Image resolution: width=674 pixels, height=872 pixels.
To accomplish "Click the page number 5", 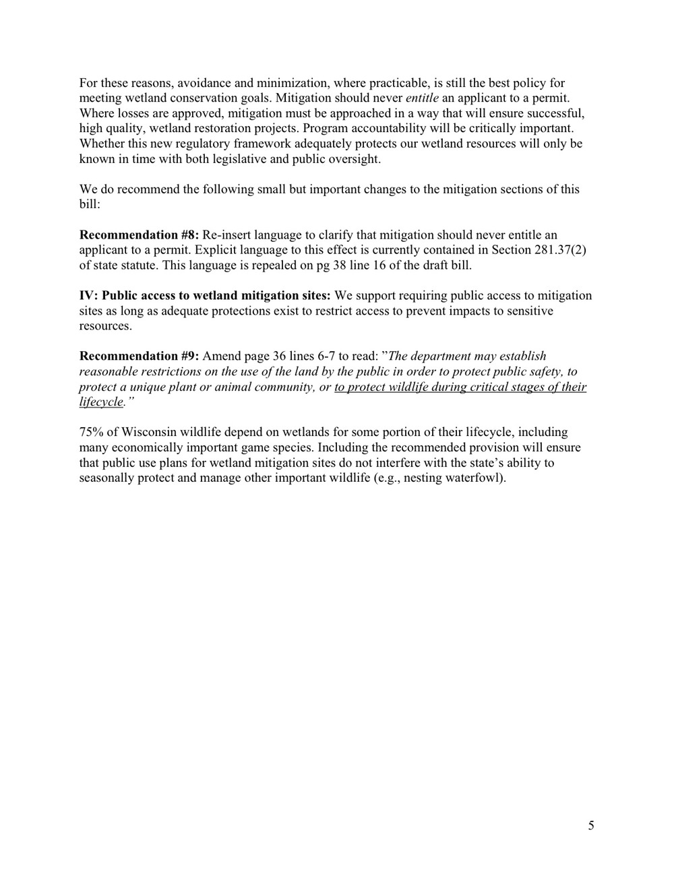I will click(x=591, y=826).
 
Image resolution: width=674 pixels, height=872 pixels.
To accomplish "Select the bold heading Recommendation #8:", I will click(x=139, y=235).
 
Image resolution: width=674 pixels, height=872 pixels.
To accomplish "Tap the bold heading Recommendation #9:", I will click(x=139, y=356).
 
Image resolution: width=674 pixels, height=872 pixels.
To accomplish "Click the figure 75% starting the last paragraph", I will click(x=93, y=432).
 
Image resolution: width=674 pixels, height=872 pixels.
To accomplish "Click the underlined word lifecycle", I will click(x=101, y=402).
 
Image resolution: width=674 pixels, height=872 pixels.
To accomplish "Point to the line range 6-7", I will click(x=326, y=356).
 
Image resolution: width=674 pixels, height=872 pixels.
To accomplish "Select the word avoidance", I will click(x=204, y=84).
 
